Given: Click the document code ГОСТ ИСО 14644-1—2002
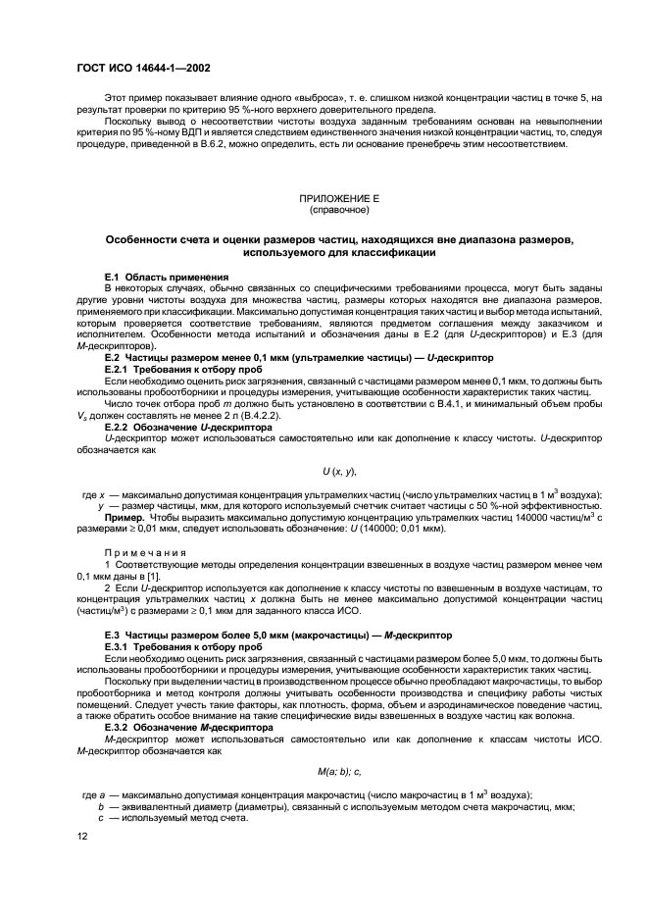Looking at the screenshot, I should coord(143,68).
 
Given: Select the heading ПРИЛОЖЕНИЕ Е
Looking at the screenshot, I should coord(338,199).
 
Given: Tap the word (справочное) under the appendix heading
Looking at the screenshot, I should coord(338,210).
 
